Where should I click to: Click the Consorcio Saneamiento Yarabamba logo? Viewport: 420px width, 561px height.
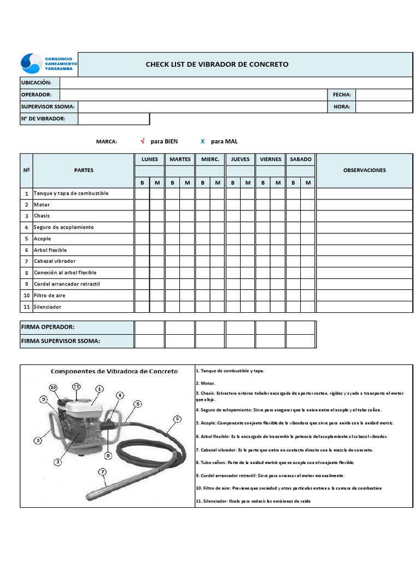click(49, 64)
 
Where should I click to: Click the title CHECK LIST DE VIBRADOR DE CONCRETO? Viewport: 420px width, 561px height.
click(217, 65)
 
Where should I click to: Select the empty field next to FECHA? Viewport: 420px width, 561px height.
click(383, 95)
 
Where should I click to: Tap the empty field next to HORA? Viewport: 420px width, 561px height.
click(383, 107)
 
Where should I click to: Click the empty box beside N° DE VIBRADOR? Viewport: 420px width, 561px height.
click(113, 119)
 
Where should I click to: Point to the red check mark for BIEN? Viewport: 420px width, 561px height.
click(143, 141)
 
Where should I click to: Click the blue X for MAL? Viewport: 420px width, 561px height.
click(202, 141)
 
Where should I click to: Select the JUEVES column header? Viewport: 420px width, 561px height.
click(240, 159)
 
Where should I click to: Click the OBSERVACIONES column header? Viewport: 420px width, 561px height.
click(364, 170)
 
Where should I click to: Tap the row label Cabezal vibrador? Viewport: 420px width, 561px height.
click(55, 261)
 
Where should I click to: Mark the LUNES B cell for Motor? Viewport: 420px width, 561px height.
click(142, 205)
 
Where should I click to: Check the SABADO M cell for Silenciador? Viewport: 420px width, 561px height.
click(308, 307)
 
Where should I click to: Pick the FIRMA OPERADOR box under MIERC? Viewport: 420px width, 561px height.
click(210, 327)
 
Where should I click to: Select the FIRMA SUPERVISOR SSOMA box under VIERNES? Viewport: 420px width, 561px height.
click(270, 341)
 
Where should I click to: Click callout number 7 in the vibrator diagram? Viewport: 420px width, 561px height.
click(102, 472)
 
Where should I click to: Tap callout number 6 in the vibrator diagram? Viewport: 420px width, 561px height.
click(177, 419)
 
